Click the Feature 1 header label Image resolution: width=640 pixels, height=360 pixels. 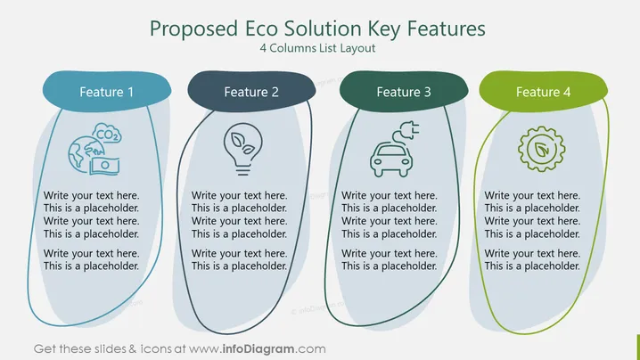click(x=107, y=92)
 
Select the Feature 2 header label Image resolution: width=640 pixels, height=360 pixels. click(x=251, y=92)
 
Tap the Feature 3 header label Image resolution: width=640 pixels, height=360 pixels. click(x=404, y=92)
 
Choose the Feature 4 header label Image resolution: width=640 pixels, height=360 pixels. click(x=543, y=92)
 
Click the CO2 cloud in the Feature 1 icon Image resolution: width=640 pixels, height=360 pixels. click(x=107, y=134)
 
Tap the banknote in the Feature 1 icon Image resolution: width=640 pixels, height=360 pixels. click(x=104, y=166)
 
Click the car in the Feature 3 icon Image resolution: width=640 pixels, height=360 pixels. click(x=391, y=160)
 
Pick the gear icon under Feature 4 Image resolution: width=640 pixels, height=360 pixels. click(x=542, y=149)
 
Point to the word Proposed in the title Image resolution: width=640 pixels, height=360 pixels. click(x=194, y=29)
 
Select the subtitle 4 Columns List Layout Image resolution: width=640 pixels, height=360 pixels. click(x=317, y=48)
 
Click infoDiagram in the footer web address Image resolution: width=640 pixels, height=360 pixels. click(x=258, y=349)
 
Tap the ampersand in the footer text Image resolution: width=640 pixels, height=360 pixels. click(x=133, y=349)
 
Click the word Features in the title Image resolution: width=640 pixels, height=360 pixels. click(x=447, y=29)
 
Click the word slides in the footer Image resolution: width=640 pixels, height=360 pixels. click(x=110, y=349)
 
